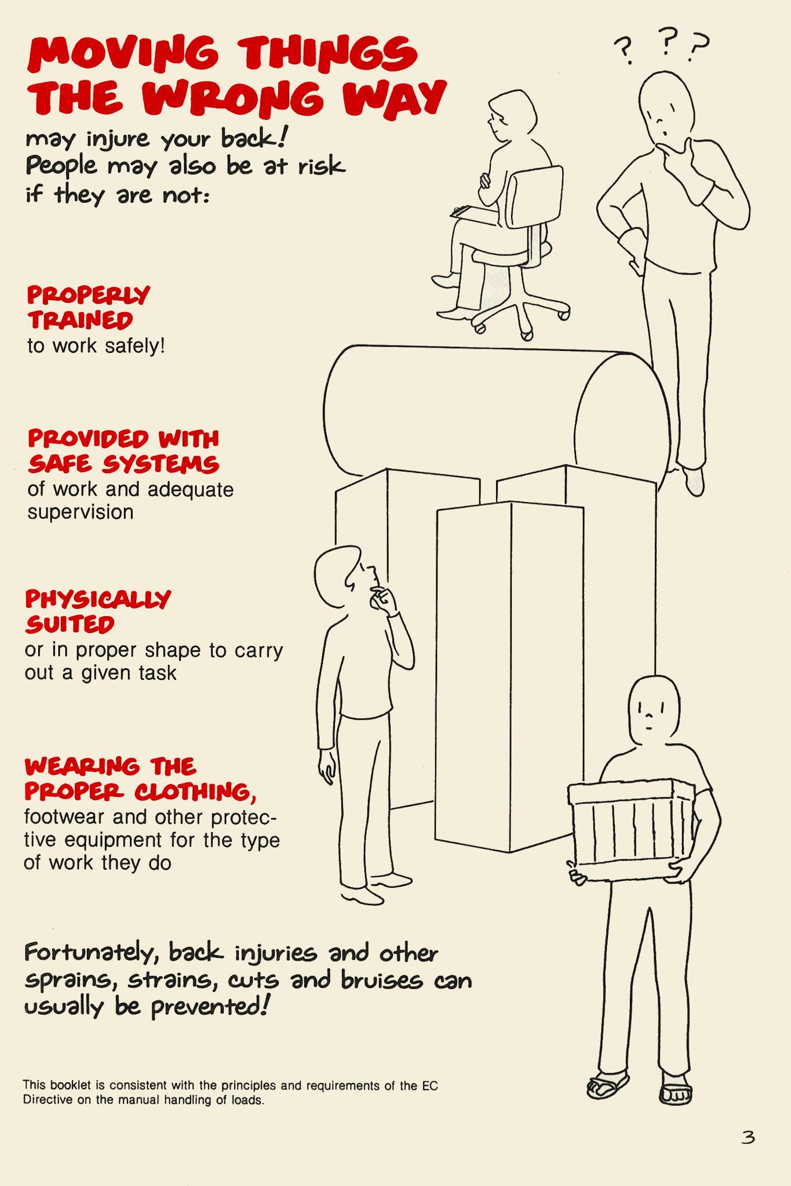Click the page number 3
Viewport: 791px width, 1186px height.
[x=748, y=1137]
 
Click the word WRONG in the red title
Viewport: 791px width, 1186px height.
[x=232, y=98]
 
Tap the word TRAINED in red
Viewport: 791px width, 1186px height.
[x=81, y=320]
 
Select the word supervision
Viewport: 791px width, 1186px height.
[x=81, y=513]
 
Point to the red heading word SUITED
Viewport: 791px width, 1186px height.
[x=70, y=624]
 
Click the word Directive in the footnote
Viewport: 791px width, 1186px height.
[x=48, y=1100]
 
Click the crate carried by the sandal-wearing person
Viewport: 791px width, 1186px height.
[x=632, y=828]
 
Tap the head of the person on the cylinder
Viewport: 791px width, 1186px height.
[x=667, y=105]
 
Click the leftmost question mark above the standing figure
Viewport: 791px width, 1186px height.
[x=624, y=50]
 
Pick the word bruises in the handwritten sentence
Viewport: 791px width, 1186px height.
[x=381, y=980]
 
